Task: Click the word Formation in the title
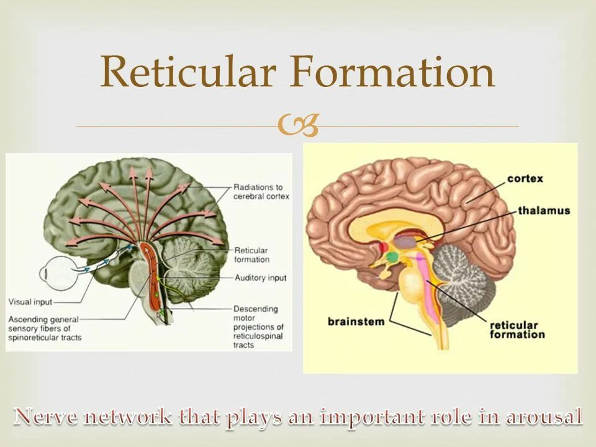click(x=392, y=71)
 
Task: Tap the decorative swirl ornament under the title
click(x=299, y=126)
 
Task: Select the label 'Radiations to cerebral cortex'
click(x=258, y=191)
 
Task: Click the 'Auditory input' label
click(x=261, y=278)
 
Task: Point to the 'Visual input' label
click(x=30, y=302)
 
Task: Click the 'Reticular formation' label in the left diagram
click(x=251, y=255)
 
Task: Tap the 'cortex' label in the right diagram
click(x=525, y=179)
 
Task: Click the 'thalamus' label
click(x=544, y=211)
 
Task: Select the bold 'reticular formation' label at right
click(x=517, y=330)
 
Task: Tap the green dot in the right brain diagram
click(x=392, y=256)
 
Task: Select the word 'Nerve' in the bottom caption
click(x=49, y=417)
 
